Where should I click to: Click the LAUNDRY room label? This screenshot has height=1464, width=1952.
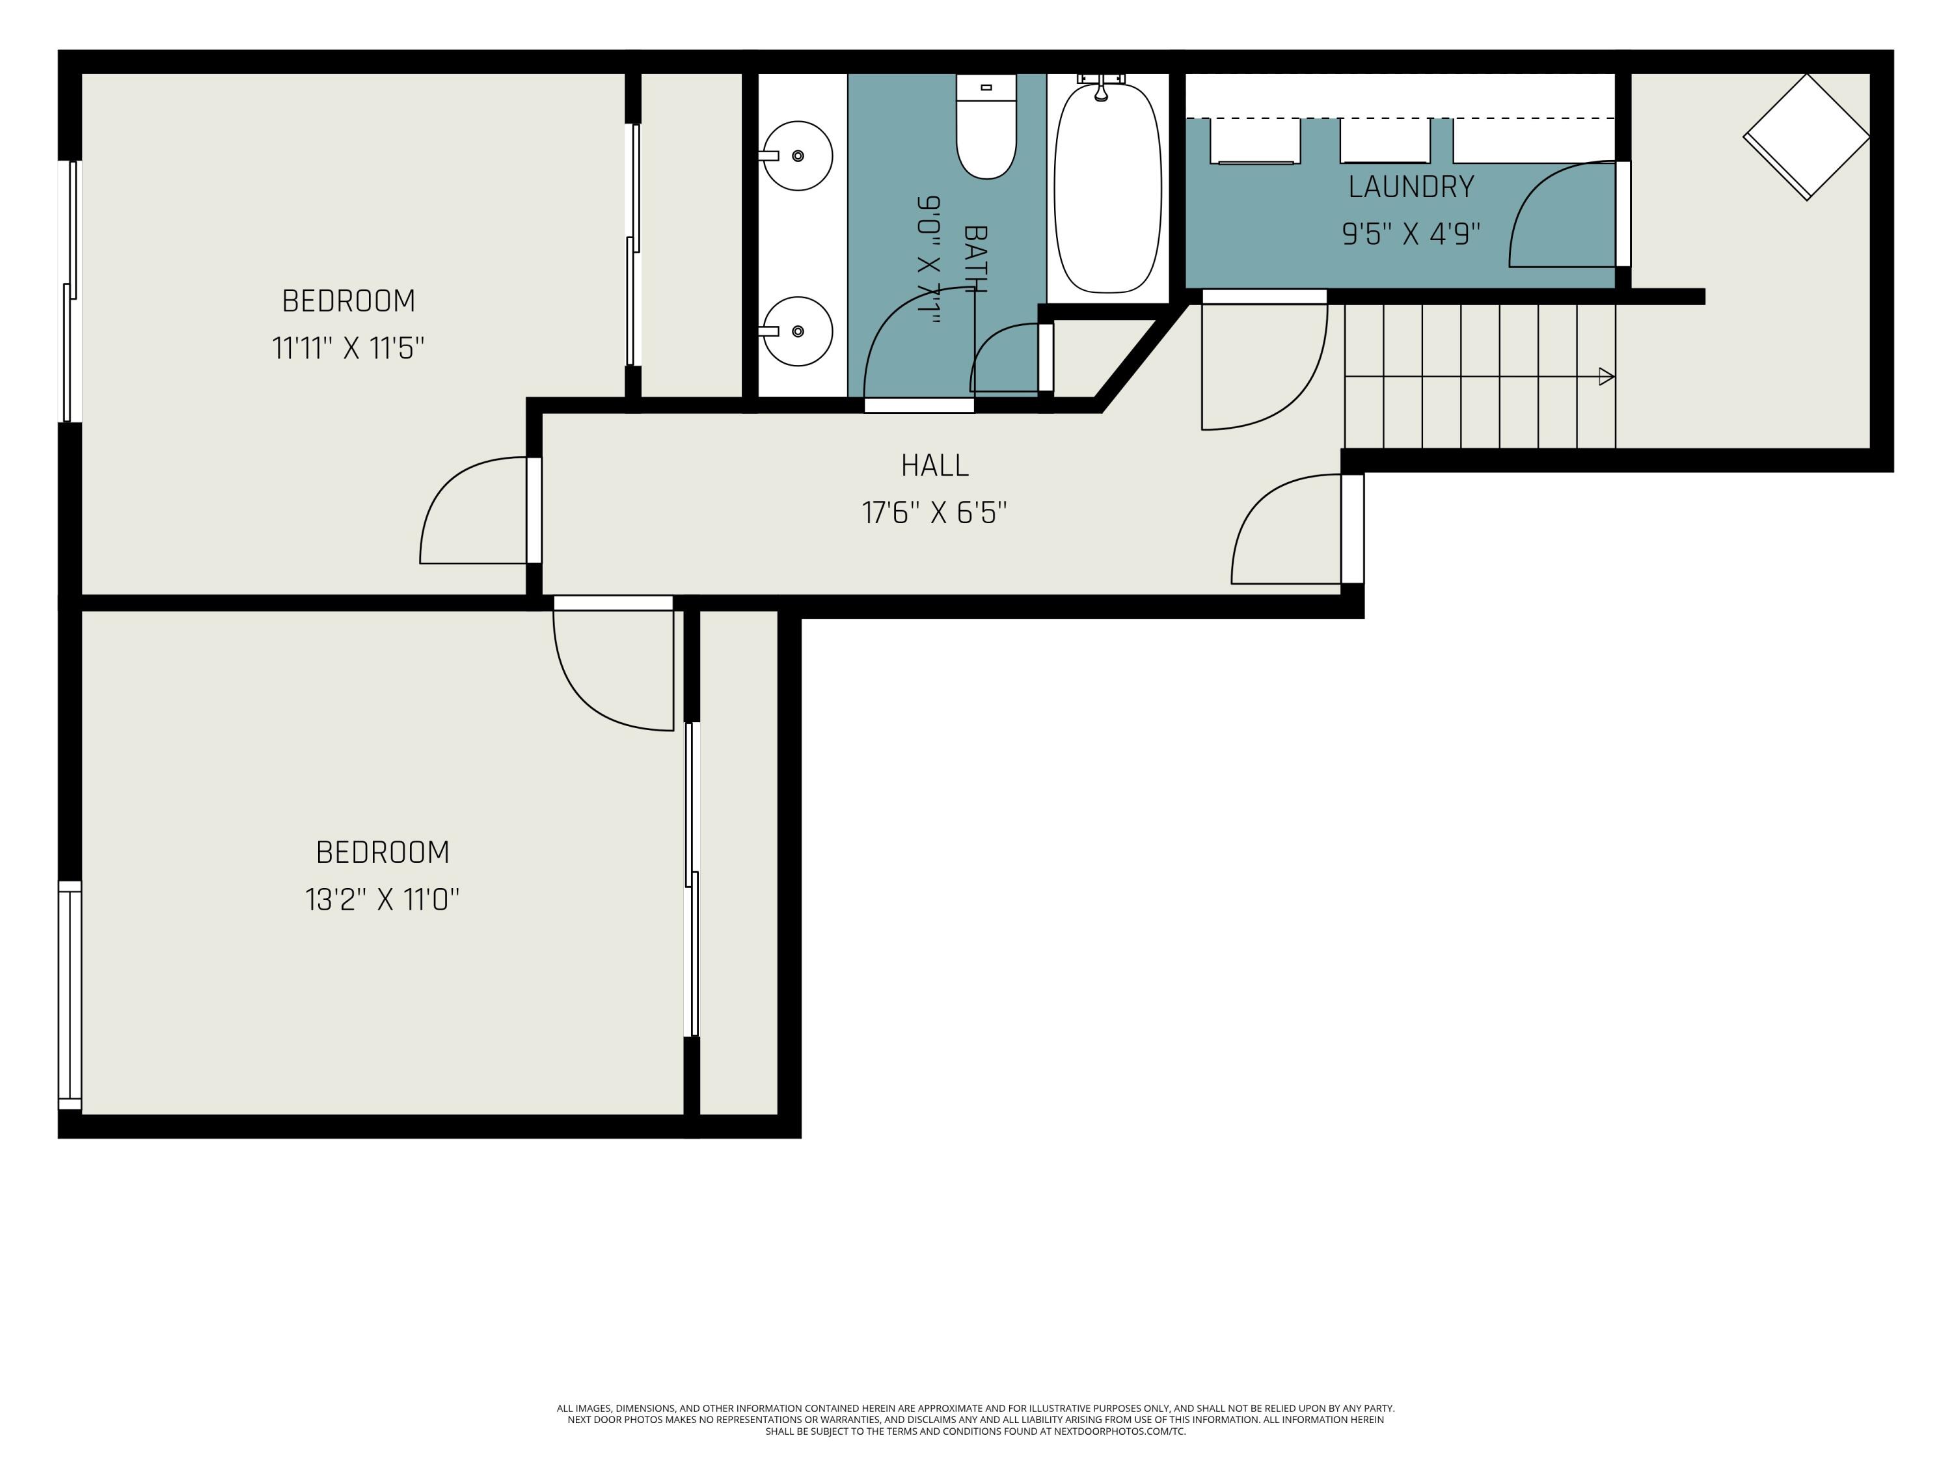tap(1411, 187)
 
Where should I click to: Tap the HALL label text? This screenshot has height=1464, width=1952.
tap(934, 465)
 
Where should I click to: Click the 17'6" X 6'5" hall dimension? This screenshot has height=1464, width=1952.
tap(934, 513)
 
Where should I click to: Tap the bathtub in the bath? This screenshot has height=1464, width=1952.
tap(1108, 187)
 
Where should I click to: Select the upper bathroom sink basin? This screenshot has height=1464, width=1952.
tap(797, 156)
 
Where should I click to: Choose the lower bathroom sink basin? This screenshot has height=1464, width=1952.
tap(797, 332)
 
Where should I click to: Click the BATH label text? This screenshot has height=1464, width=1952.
tap(974, 258)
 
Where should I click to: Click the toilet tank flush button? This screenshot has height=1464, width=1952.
tap(986, 87)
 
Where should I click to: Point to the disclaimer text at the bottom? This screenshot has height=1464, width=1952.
tap(975, 1420)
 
